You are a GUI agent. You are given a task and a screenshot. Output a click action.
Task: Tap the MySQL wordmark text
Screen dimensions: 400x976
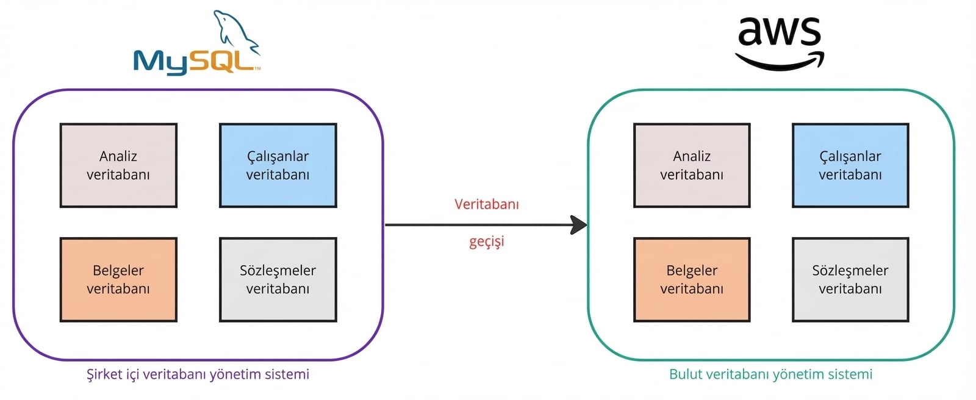coord(194,62)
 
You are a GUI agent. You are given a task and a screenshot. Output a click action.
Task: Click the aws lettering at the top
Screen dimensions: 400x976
coord(779,32)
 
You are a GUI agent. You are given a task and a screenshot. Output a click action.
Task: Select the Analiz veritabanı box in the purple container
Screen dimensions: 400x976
coord(118,165)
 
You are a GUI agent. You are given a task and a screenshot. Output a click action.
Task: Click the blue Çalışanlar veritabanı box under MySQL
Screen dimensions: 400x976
coord(278,165)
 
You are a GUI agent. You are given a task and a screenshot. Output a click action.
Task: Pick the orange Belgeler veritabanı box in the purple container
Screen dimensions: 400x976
coord(118,279)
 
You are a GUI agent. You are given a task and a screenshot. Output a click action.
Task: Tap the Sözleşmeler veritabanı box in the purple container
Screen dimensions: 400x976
coord(278,279)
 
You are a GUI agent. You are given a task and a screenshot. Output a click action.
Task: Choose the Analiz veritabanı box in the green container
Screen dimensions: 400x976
coord(692,165)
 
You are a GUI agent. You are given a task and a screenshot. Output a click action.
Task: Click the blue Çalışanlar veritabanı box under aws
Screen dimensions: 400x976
coord(850,165)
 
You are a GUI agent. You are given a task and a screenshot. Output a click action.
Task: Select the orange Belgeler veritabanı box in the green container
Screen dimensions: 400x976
coord(692,279)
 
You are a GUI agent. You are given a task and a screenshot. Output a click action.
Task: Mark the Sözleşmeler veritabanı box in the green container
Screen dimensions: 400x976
coord(850,279)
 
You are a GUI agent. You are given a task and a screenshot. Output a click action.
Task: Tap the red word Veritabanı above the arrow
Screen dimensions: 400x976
coord(486,204)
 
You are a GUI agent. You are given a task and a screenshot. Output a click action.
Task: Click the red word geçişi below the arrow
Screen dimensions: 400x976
coord(486,241)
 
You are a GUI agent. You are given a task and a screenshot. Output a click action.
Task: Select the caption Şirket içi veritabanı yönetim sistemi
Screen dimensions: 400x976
coord(198,374)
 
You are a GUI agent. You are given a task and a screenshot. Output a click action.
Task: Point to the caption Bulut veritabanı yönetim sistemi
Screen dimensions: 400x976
coord(770,374)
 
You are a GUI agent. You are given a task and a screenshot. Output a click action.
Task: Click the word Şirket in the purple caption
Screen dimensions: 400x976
coord(104,374)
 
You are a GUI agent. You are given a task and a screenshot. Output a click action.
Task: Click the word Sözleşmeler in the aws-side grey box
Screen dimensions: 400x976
coord(850,270)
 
